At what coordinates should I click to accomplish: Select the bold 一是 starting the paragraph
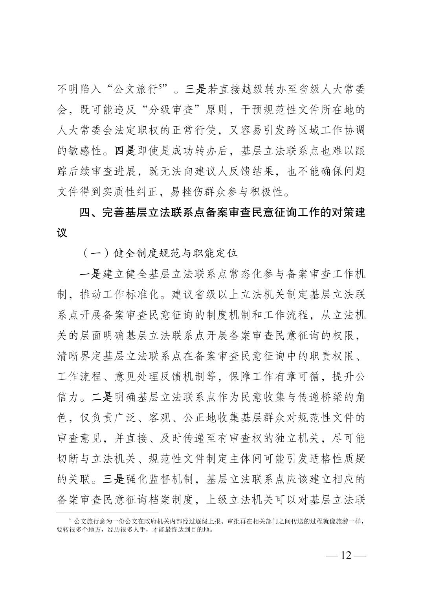91,274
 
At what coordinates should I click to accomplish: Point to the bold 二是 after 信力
102,397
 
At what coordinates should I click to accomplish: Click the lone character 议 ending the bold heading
62,233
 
